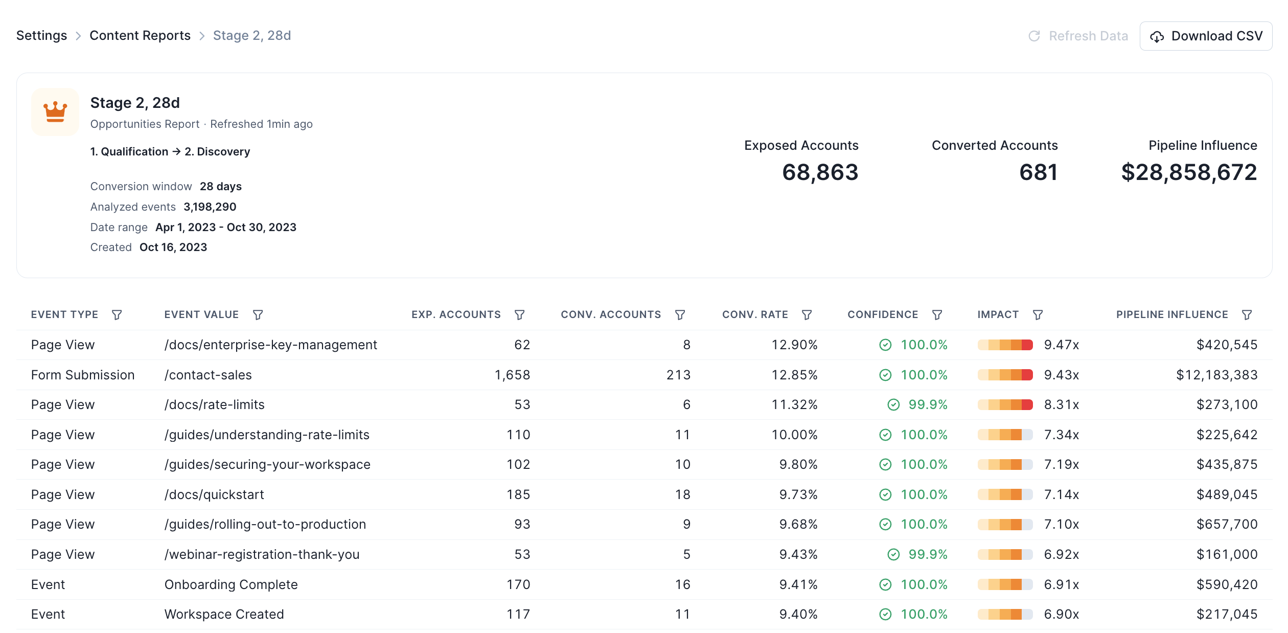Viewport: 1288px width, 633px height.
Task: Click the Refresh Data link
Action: click(x=1078, y=36)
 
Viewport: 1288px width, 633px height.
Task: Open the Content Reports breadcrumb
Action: click(x=140, y=35)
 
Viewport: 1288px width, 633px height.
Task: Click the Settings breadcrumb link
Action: click(x=41, y=35)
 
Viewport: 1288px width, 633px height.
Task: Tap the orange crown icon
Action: click(x=55, y=111)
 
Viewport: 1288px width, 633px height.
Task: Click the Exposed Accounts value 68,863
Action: click(x=820, y=172)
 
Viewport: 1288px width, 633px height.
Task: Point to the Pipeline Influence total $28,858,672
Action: click(x=1188, y=172)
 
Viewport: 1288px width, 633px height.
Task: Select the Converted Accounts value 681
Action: click(x=1038, y=172)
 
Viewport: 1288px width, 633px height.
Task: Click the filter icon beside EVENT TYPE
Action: click(x=117, y=315)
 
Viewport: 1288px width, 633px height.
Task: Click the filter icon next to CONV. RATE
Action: click(x=807, y=315)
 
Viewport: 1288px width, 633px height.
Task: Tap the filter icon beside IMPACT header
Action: click(x=1038, y=315)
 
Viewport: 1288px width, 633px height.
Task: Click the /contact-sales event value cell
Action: click(x=208, y=375)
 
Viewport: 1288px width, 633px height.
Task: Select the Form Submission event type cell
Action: click(x=83, y=375)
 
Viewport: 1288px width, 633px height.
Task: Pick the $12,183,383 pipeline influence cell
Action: click(x=1216, y=375)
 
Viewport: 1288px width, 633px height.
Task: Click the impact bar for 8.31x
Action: click(x=1005, y=405)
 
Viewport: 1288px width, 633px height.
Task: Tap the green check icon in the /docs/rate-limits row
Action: click(x=893, y=405)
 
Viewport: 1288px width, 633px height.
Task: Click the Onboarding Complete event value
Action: click(x=231, y=584)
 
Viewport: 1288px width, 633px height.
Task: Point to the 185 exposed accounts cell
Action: click(x=518, y=494)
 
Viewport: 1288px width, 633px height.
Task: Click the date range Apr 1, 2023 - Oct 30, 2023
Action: click(x=225, y=227)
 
